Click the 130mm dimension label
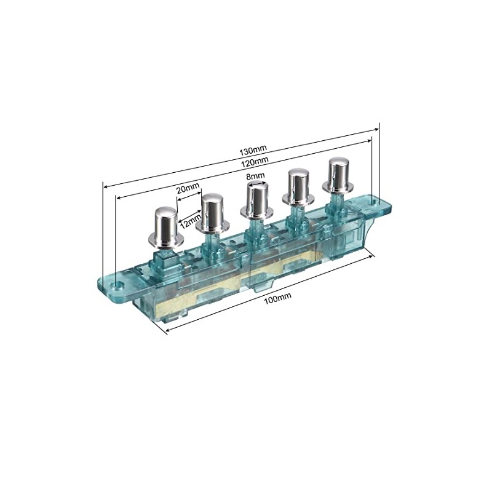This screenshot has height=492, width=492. tap(253, 150)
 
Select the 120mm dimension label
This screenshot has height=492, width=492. tap(255, 162)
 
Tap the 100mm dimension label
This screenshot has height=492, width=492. tap(278, 297)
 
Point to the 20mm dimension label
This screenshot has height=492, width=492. tap(188, 189)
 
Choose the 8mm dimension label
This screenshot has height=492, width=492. tap(255, 175)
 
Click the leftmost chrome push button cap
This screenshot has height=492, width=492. tap(166, 227)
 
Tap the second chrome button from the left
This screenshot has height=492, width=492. tap(213, 213)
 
